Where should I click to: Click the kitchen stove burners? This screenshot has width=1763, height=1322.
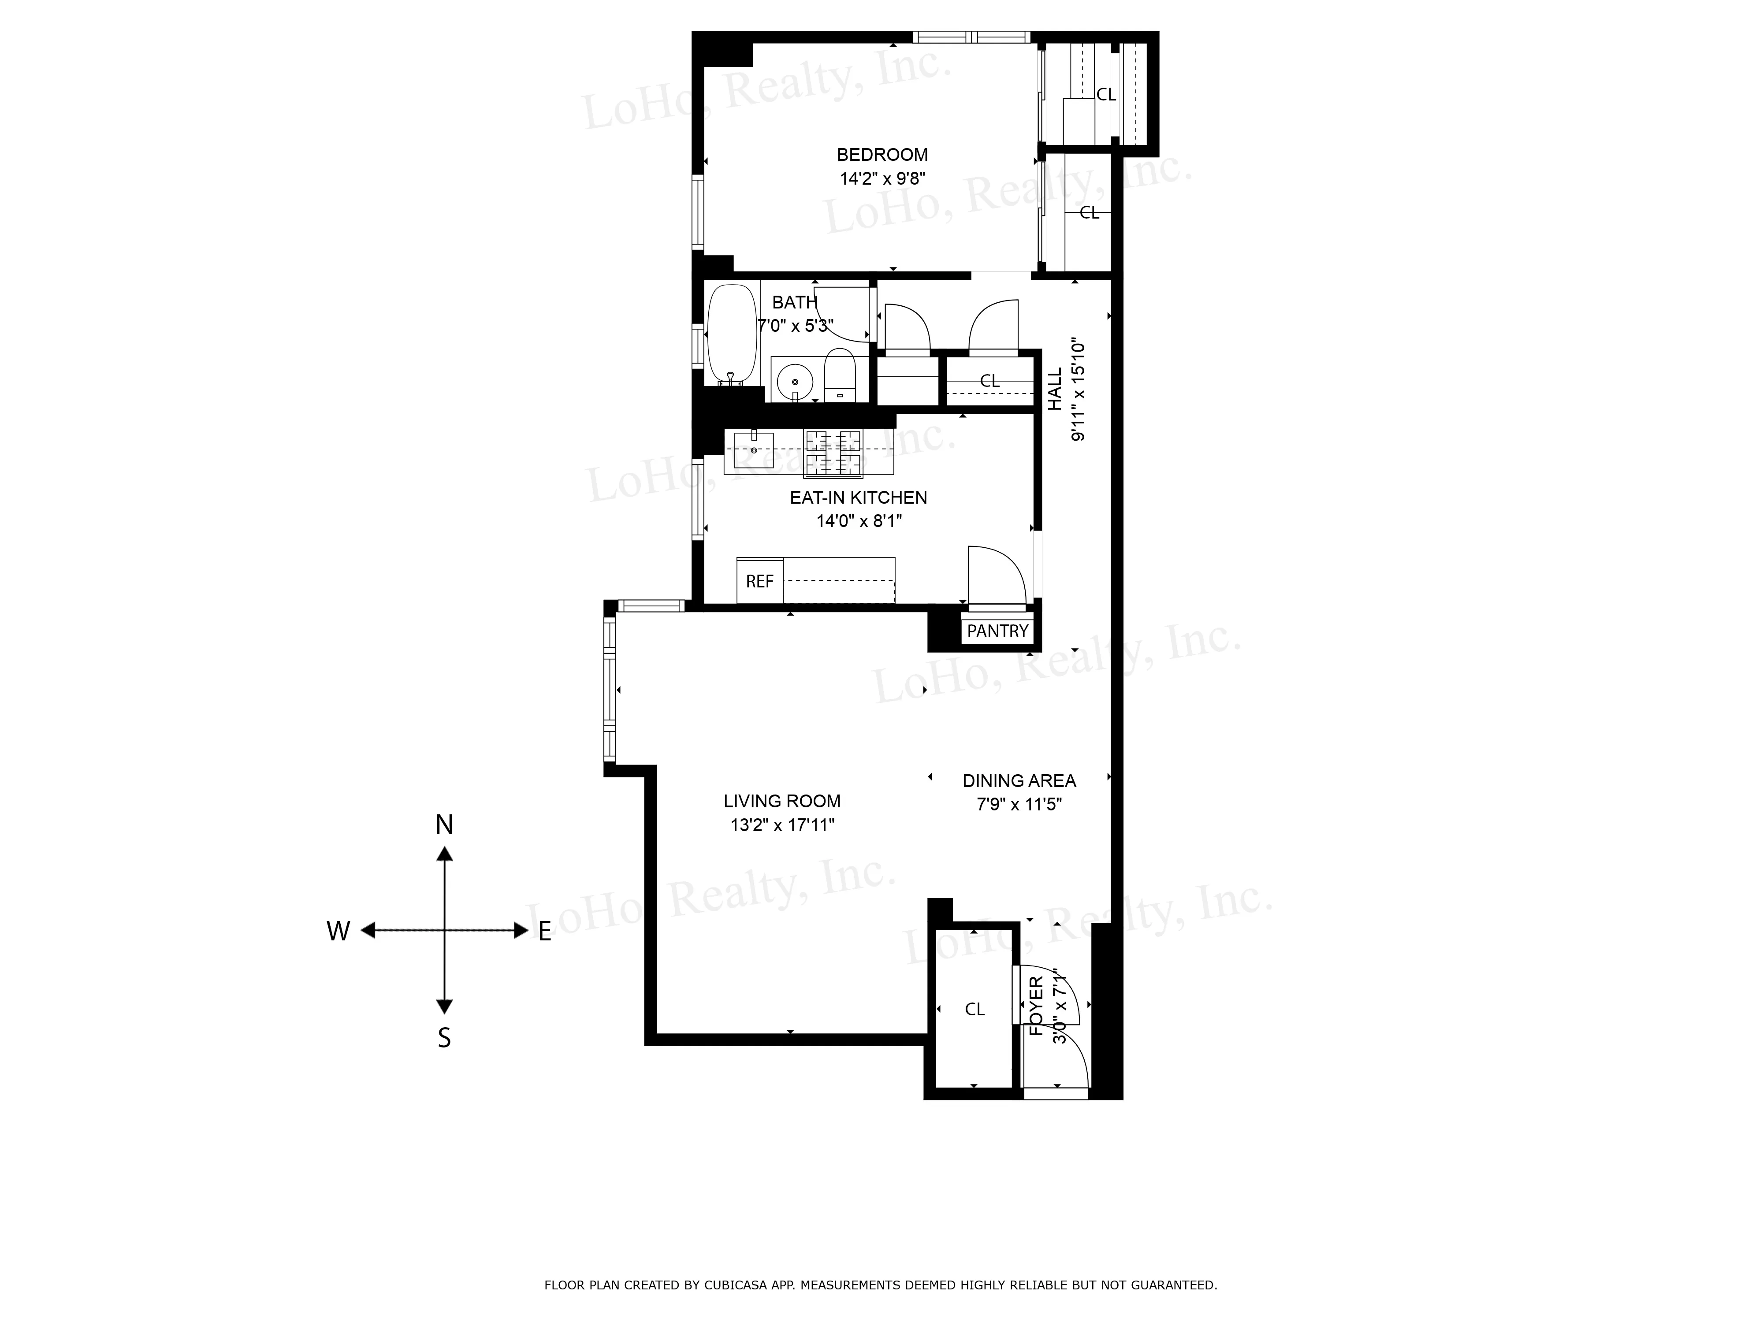[x=834, y=453]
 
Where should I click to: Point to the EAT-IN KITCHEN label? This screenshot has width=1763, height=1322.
[x=859, y=497]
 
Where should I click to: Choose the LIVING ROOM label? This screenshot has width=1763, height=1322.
[x=782, y=801]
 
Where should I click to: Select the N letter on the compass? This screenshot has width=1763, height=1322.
[x=444, y=825]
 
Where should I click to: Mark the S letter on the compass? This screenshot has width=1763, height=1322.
[x=444, y=1037]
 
